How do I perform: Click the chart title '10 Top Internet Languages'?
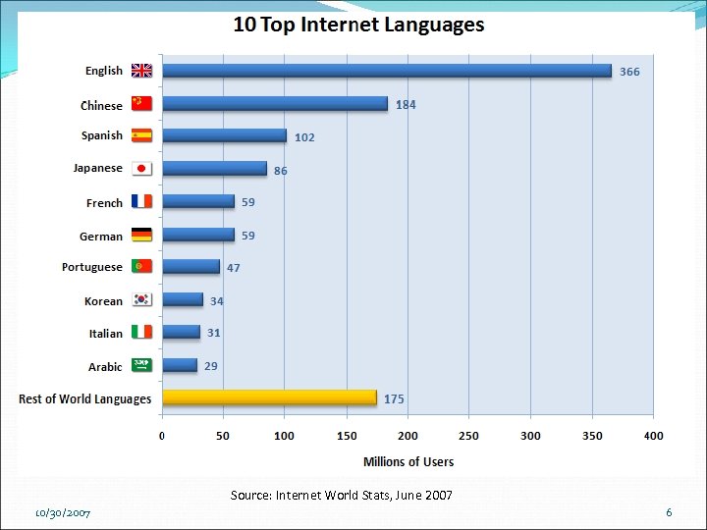(x=358, y=25)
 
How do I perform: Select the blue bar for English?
(x=387, y=71)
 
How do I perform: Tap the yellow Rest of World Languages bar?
(x=269, y=397)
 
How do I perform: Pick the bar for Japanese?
(x=214, y=169)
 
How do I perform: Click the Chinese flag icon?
(x=142, y=104)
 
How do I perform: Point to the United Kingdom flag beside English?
(x=142, y=71)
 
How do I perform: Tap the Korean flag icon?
(x=142, y=300)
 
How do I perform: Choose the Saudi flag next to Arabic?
(x=142, y=365)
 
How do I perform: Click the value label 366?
(x=629, y=72)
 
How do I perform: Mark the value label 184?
(x=406, y=105)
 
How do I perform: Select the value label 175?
(x=394, y=399)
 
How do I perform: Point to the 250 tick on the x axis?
(x=469, y=436)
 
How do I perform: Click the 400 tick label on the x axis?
(x=653, y=436)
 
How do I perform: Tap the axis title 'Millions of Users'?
(x=408, y=461)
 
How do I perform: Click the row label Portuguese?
(x=92, y=267)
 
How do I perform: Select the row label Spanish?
(x=102, y=135)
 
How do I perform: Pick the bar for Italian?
(x=181, y=333)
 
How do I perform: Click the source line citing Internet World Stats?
(x=342, y=496)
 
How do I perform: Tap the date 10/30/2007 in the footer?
(x=63, y=513)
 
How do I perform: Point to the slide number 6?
(x=669, y=512)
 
